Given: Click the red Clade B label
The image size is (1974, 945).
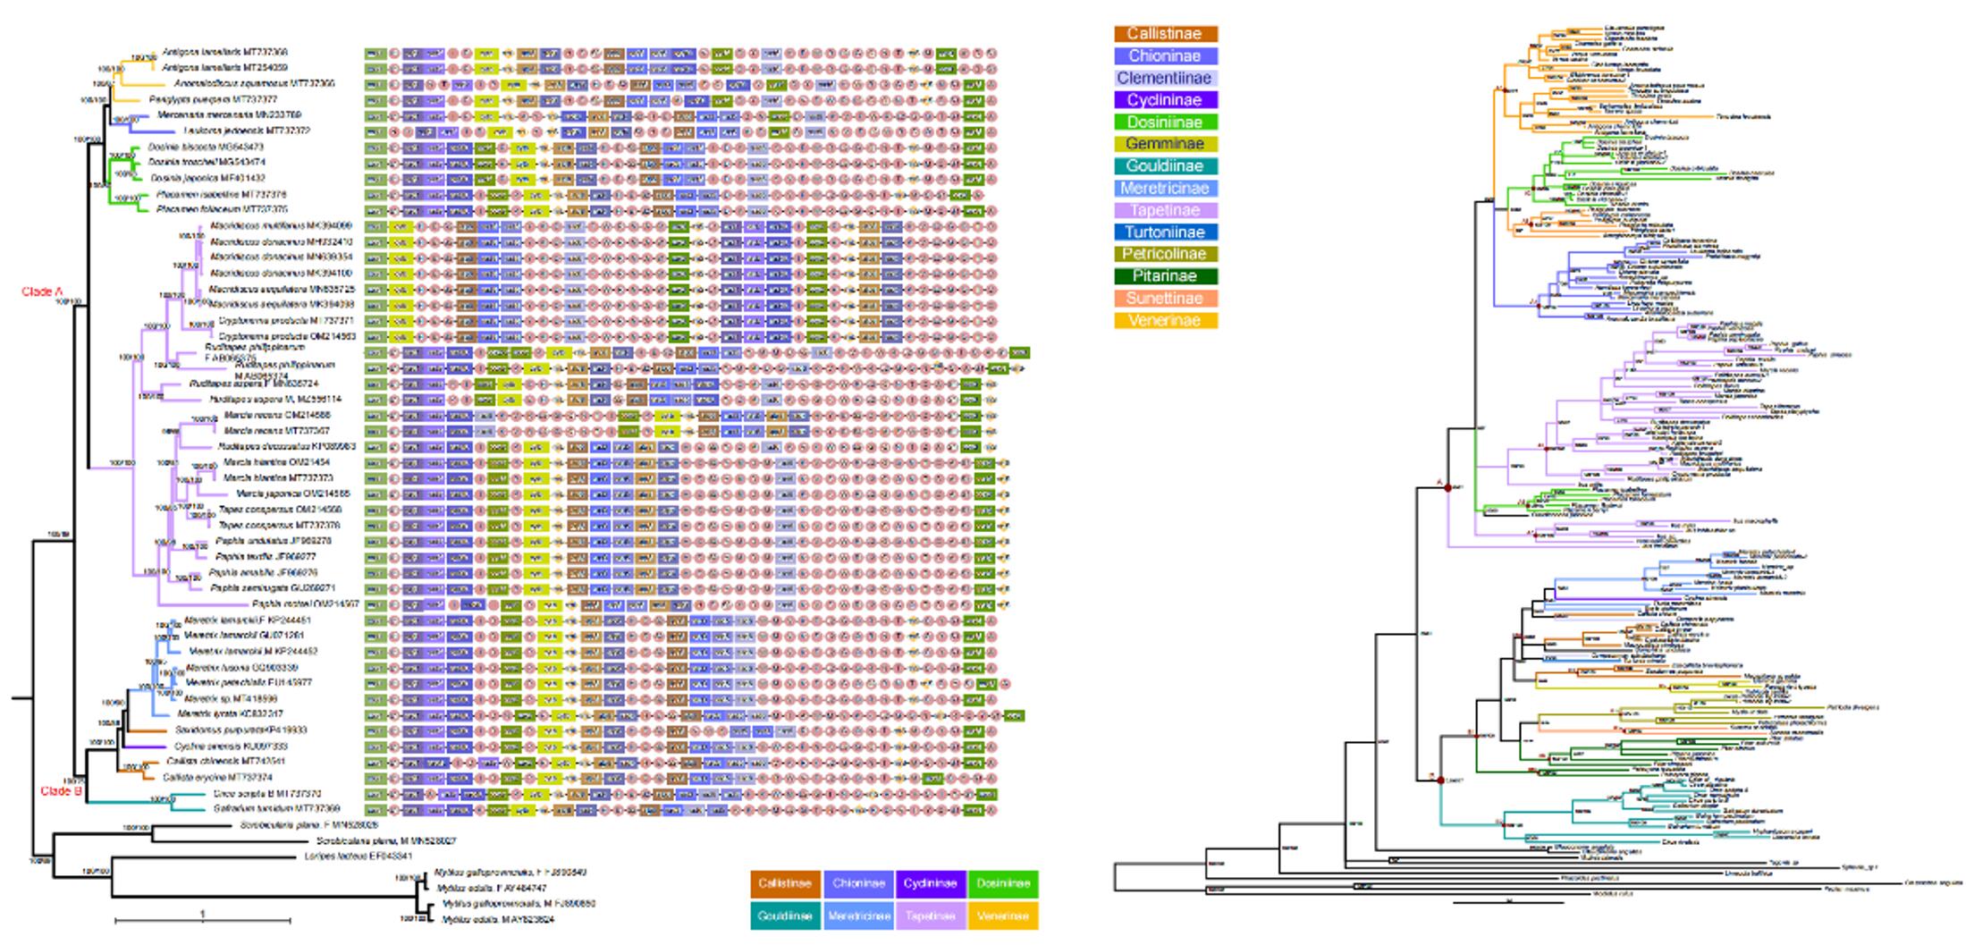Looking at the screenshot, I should [62, 791].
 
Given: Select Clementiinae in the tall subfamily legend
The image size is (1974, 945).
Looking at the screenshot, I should [1165, 78].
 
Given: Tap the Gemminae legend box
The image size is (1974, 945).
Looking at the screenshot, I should [1165, 144].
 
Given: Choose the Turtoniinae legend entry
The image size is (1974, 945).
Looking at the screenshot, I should [1165, 232].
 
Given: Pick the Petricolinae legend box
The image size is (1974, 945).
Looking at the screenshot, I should [1165, 254].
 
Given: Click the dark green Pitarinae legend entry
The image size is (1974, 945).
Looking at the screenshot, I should [1165, 276].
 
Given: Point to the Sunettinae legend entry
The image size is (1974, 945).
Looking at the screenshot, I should [1165, 299].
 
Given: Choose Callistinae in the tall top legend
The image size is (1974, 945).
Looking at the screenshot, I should [1165, 34].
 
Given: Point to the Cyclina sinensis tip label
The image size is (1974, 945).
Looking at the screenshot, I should [231, 747].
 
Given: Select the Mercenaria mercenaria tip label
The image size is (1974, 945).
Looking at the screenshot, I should [229, 115].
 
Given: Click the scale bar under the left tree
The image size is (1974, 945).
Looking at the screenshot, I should [202, 920].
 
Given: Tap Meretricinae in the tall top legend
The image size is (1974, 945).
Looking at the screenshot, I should [1165, 189].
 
